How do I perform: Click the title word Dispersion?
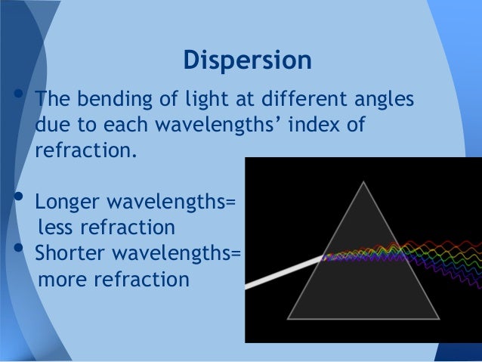click(x=247, y=61)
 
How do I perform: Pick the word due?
click(x=51, y=124)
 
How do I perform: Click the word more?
click(x=61, y=279)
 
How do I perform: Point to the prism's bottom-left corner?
click(x=289, y=318)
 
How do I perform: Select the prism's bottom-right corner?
click(x=439, y=318)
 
